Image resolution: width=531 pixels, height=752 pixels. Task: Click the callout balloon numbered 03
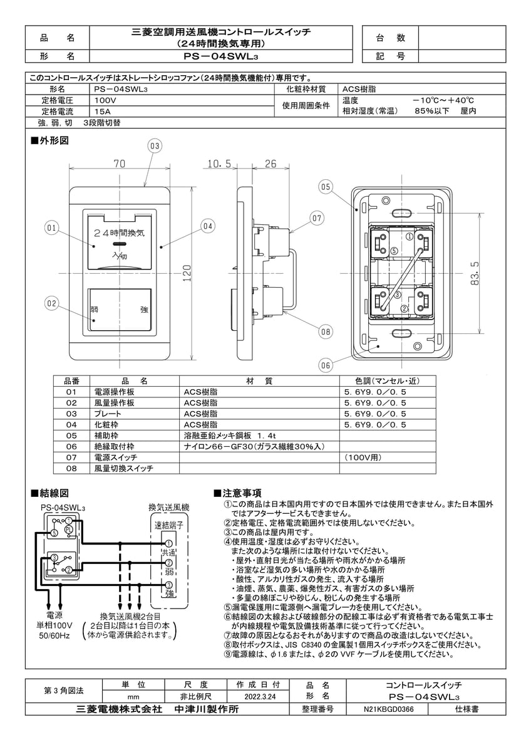coord(155,146)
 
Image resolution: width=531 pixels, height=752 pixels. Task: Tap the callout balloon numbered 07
coord(317,218)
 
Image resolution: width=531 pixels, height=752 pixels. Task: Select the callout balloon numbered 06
coord(324,365)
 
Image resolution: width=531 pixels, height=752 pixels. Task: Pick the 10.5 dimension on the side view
coord(219,164)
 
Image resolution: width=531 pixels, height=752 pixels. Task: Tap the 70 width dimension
coord(120,164)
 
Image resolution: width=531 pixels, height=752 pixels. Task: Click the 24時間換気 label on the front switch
coord(119,232)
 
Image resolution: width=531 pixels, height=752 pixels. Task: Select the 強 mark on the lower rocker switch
coord(144,310)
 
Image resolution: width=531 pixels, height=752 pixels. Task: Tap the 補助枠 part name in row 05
coord(105,434)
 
